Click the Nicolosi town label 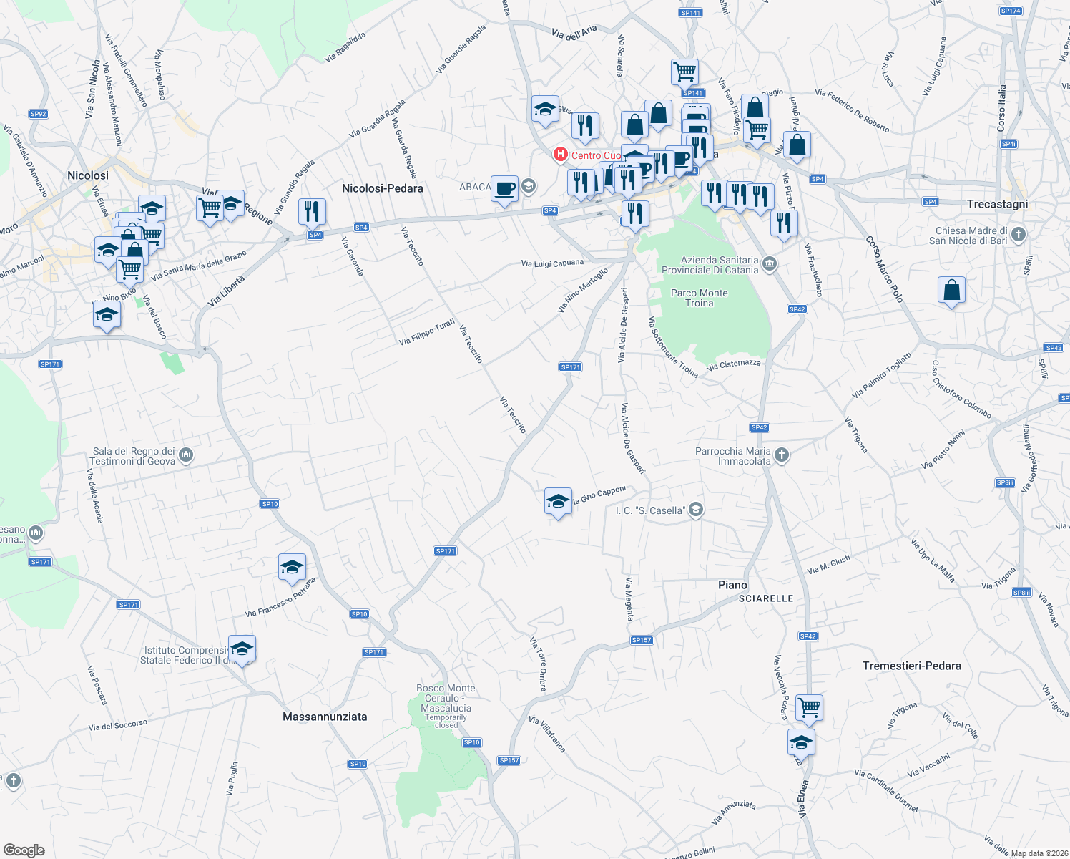88,175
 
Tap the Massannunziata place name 325,717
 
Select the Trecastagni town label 997,204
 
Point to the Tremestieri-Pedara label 911,666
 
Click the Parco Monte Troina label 699,298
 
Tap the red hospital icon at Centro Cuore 561,155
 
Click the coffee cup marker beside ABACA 504,189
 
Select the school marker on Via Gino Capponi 558,501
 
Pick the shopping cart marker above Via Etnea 809,707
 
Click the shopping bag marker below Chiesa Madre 951,291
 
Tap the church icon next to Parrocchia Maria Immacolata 782,455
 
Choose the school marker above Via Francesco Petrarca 292,568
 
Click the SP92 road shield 39,114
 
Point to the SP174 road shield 1011,11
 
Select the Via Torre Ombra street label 538,664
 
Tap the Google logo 24,850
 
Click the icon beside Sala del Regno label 186,455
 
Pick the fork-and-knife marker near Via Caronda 312,211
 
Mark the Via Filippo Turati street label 427,332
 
